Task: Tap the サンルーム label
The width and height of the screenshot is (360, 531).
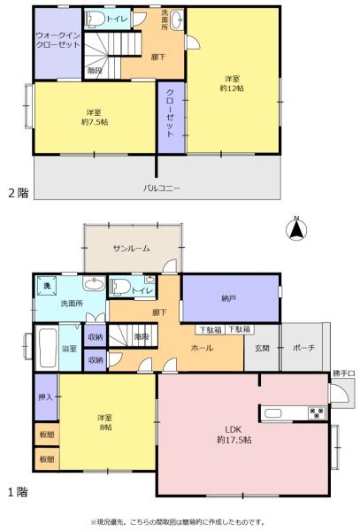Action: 132,249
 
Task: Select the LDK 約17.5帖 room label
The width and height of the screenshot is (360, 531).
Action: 234,435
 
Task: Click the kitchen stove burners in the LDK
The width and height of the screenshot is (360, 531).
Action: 317,412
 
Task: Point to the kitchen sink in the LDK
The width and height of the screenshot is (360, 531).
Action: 272,413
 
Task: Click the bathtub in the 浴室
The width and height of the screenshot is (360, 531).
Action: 47,348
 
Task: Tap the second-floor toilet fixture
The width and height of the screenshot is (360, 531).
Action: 95,19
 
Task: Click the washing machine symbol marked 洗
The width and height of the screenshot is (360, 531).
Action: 47,286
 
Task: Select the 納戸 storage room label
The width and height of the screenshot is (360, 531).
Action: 229,298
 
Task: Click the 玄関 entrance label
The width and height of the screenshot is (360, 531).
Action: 262,348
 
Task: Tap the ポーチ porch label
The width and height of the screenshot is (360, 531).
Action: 303,348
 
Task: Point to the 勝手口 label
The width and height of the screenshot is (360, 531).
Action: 344,373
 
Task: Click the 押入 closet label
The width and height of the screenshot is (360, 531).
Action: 45,396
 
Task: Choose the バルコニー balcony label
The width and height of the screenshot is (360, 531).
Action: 162,189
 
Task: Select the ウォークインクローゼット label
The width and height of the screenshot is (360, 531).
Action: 57,40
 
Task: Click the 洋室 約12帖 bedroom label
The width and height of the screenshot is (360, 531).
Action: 232,84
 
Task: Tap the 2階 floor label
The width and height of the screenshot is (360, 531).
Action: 19,193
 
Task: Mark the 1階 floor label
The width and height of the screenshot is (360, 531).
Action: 18,492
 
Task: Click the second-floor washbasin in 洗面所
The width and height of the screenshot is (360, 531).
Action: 177,20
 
